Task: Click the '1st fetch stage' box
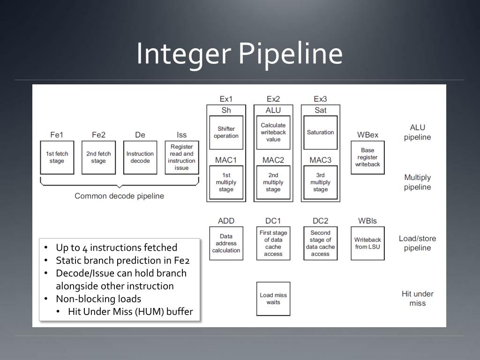57,157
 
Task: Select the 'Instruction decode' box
140,157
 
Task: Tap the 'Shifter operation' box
226,132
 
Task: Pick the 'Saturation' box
321,132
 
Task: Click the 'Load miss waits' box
273,299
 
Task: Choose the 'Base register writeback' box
367,157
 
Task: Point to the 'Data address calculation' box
226,243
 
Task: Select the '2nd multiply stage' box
273,182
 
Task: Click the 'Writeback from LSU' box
367,243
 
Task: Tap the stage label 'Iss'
181,135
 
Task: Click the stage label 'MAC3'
321,160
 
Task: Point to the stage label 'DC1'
273,221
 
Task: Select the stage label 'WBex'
367,135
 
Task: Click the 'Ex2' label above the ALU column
273,99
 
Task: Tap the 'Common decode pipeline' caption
120,196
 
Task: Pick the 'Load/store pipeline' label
418,243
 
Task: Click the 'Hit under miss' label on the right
418,299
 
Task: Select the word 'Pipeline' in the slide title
290,53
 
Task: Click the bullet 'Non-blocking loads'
98,299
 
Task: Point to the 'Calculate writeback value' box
273,132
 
